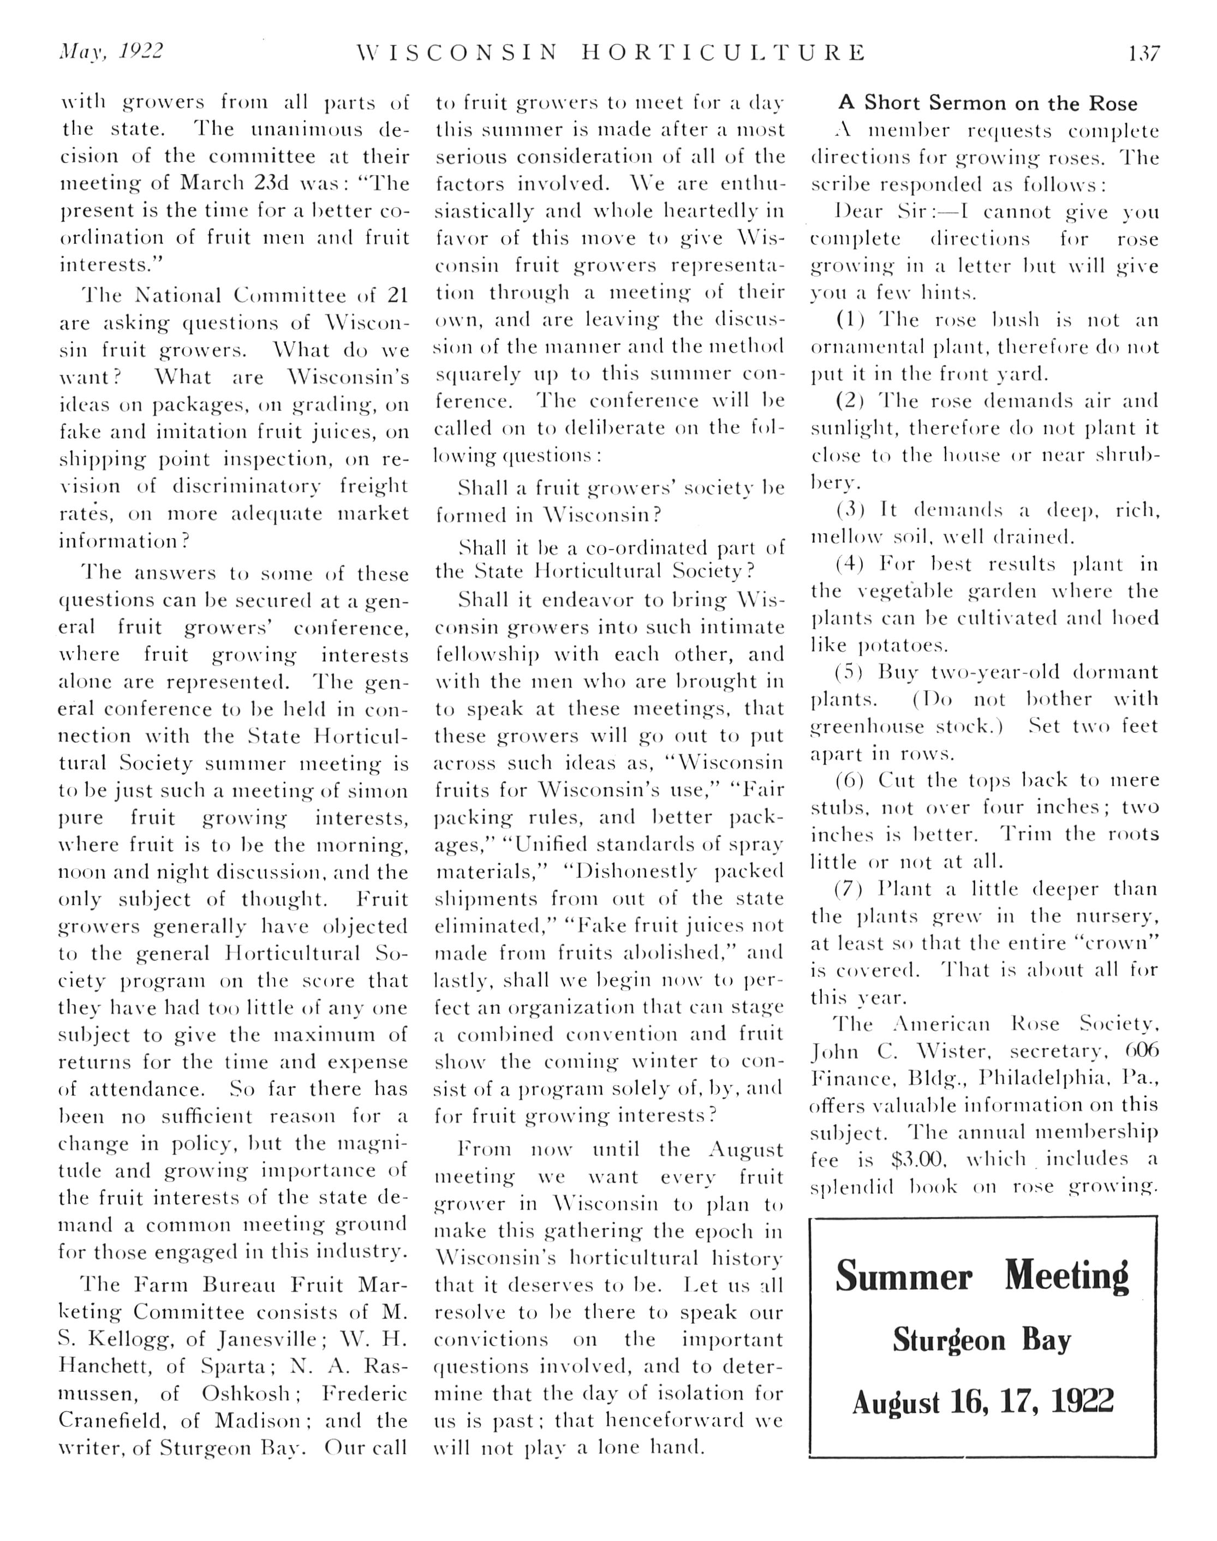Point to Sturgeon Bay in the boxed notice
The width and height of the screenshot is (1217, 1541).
982,1341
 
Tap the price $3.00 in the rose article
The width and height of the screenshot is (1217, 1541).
918,1160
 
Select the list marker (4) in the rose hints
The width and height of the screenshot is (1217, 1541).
850,564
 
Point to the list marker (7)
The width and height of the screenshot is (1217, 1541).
850,889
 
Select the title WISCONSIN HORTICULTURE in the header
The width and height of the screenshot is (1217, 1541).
611,53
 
